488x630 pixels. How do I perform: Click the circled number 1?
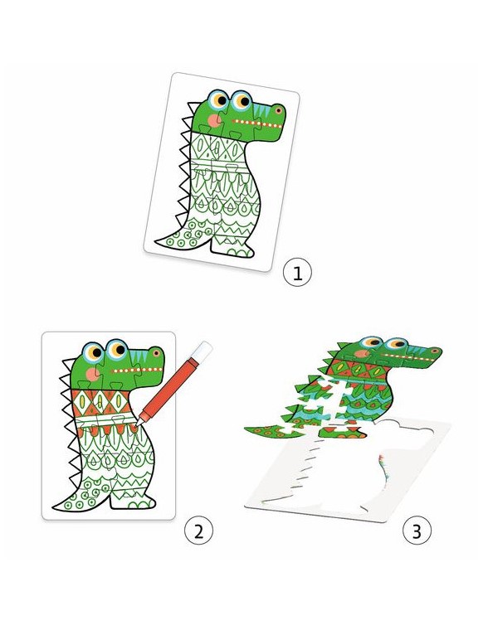point(297,274)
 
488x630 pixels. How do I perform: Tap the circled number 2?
point(198,531)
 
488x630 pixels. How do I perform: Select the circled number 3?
point(417,531)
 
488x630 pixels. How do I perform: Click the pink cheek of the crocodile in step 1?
point(214,120)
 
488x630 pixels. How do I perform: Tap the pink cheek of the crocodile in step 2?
point(93,374)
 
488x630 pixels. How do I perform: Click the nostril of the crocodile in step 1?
point(278,109)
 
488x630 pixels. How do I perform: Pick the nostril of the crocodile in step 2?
point(156,353)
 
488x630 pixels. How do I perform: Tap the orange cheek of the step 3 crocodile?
point(362,354)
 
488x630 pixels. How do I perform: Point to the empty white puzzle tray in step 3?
point(350,470)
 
